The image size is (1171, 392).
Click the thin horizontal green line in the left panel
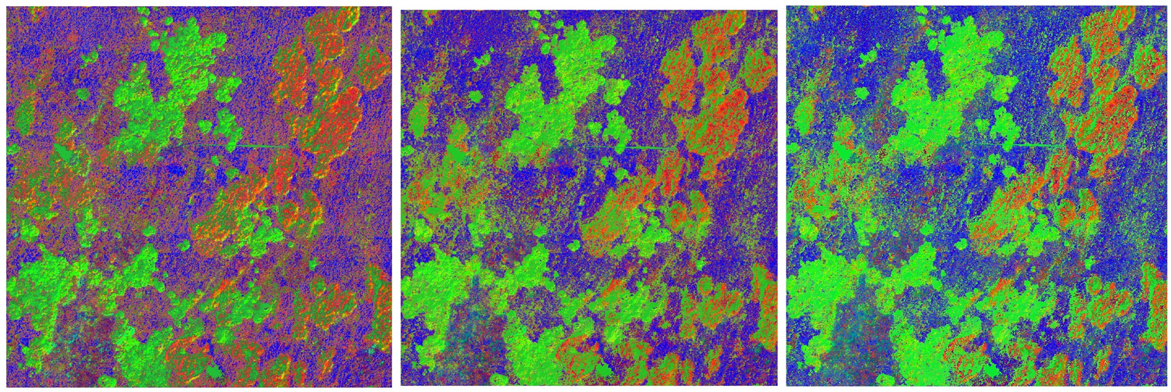(x=263, y=146)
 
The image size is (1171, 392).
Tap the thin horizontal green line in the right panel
(x=1032, y=145)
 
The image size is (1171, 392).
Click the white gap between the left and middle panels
(x=396, y=196)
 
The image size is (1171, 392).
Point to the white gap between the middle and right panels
(x=782, y=196)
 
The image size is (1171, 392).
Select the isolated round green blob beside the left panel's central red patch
(x=183, y=244)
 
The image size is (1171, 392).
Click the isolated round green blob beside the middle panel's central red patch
(x=574, y=245)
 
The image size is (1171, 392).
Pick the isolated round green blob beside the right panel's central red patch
(x=960, y=244)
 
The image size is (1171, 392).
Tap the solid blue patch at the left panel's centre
(x=173, y=170)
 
